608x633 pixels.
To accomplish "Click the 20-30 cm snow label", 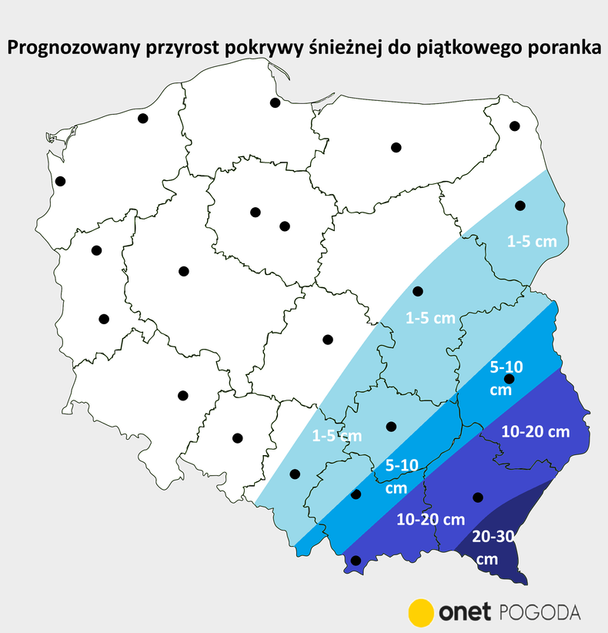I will point(492,549).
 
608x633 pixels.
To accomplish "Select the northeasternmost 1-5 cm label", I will point(531,241).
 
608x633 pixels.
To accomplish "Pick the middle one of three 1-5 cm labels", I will point(430,317).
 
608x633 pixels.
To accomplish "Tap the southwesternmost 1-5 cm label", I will point(336,436).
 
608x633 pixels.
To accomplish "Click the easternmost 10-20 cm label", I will point(536,432).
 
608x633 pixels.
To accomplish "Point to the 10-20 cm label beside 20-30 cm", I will point(431,520).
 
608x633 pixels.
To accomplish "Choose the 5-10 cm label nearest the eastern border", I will point(507,378).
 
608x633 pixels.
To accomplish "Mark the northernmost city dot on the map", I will point(275,102).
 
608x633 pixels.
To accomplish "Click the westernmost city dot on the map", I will point(61,181).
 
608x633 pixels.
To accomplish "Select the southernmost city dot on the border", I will point(356,561).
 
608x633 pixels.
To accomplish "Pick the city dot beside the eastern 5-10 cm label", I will point(509,379).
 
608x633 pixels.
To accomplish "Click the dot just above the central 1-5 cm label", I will point(418,291).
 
